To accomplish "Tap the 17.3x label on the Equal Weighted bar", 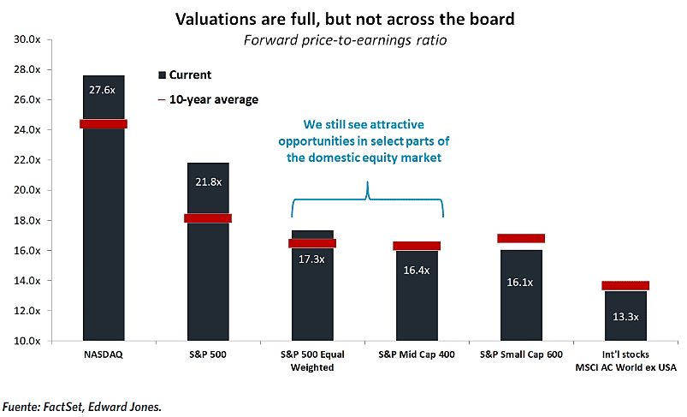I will pos(311,259).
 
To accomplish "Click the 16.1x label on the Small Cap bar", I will pos(520,279).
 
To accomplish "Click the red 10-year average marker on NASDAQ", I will pos(104,124).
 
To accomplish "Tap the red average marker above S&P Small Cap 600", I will pos(520,238).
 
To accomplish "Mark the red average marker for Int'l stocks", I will pos(625,285).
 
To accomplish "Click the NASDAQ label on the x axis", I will pos(104,354).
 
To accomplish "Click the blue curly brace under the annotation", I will pos(367,200).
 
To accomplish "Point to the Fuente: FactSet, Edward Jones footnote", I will pos(81,407).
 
